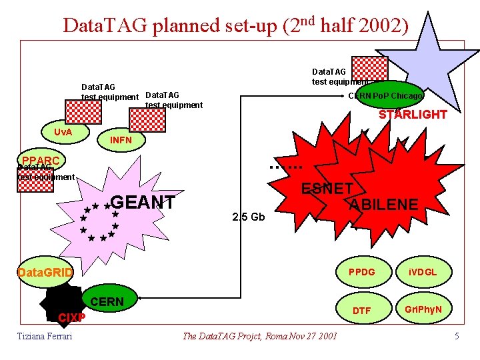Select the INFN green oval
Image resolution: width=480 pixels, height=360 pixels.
[121, 140]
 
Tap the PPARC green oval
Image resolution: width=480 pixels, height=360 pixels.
[40, 161]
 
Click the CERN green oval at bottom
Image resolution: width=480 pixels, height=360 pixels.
[107, 301]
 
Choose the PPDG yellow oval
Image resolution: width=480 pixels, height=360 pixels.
[361, 272]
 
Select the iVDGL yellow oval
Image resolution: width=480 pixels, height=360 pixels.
[422, 272]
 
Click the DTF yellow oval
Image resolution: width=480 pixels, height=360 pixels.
[361, 310]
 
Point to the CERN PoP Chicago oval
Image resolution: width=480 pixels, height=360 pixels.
[386, 96]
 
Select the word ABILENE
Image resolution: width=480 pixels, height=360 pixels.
[385, 204]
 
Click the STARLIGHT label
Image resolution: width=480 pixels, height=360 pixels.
[413, 115]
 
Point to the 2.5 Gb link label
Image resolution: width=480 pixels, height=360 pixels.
[248, 217]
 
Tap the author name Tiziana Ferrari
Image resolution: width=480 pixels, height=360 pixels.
[45, 336]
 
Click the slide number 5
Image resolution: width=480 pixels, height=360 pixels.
[457, 336]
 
